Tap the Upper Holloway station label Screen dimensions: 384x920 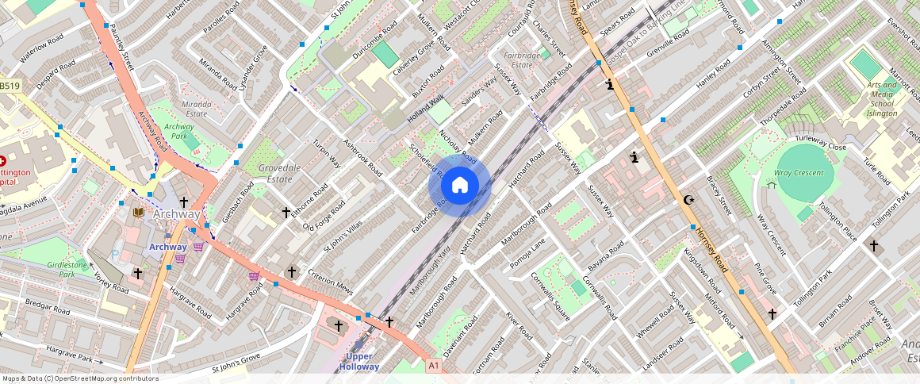pos(359,361)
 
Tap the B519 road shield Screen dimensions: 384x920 pos(9,86)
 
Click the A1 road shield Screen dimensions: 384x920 pos(433,365)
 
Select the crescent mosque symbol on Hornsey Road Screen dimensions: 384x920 pos(688,200)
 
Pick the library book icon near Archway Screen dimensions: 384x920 pos(139,213)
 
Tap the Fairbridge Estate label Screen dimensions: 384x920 pos(522,60)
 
